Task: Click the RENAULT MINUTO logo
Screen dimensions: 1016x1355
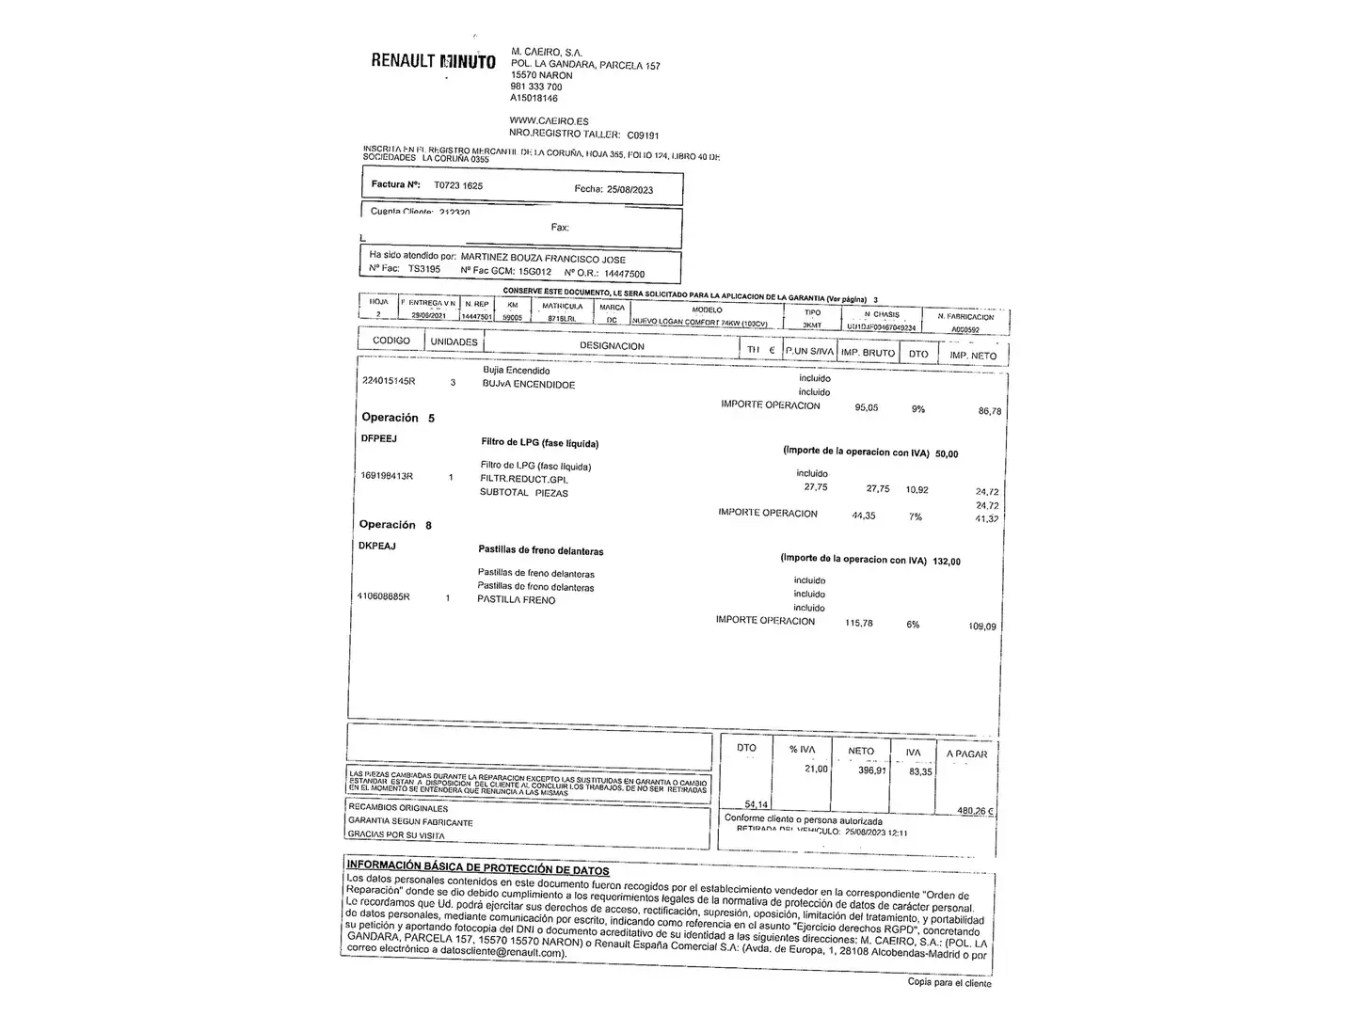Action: pyautogui.click(x=433, y=61)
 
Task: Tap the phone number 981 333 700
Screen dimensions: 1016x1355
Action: pyautogui.click(x=536, y=87)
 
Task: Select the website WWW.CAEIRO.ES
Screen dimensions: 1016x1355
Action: pyautogui.click(x=549, y=121)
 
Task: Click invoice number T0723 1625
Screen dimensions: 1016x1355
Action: pyautogui.click(x=458, y=185)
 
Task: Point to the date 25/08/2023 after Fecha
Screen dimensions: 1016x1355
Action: pyautogui.click(x=630, y=189)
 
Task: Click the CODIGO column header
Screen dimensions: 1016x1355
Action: pyautogui.click(x=391, y=341)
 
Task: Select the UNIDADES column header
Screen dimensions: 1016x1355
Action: pyautogui.click(x=454, y=342)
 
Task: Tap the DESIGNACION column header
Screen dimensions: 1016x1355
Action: pyautogui.click(x=612, y=346)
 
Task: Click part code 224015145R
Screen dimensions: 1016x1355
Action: pyautogui.click(x=389, y=381)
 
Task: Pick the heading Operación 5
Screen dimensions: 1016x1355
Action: pyautogui.click(x=398, y=418)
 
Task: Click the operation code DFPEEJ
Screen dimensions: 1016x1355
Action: pyautogui.click(x=379, y=438)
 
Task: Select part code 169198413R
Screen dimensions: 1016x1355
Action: pyautogui.click(x=387, y=476)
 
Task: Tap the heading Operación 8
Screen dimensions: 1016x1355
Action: pyautogui.click(x=395, y=525)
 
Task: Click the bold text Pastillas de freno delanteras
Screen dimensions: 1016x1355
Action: pyautogui.click(x=541, y=551)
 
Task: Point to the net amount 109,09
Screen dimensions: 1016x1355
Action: pyautogui.click(x=981, y=627)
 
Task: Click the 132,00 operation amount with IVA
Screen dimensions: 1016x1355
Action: pyautogui.click(x=947, y=562)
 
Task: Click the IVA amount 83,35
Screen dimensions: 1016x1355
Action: pyautogui.click(x=920, y=771)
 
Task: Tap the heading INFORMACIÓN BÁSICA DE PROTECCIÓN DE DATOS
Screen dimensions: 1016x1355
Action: pyautogui.click(x=478, y=867)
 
